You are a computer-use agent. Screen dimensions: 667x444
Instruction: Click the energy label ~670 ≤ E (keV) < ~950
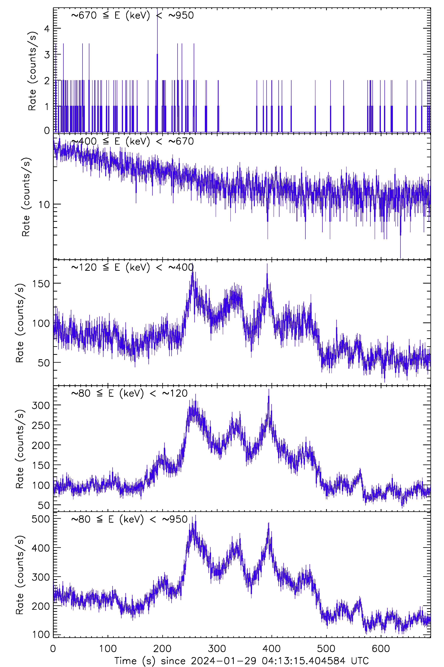pos(132,15)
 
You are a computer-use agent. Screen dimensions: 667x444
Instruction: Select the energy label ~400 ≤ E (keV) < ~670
pos(132,141)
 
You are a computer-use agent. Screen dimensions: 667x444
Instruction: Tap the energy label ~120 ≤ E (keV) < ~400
pos(132,267)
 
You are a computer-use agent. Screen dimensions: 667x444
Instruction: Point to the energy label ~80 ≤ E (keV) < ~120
pos(129,393)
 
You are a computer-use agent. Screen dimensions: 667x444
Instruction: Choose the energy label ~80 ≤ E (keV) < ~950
pos(129,519)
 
